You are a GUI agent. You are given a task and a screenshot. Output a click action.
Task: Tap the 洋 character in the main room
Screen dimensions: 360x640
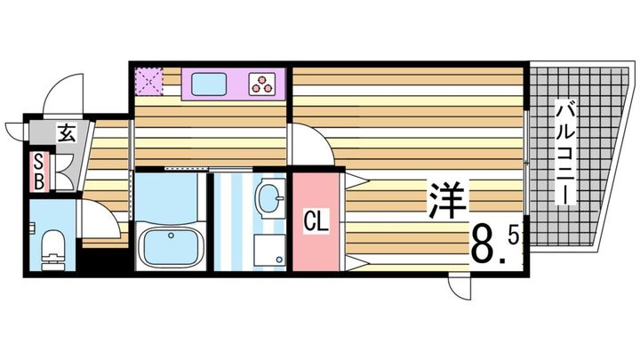447,201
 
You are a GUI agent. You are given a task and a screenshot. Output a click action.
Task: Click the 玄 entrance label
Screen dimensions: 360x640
67,135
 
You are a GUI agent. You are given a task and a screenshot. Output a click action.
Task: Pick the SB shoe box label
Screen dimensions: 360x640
39,172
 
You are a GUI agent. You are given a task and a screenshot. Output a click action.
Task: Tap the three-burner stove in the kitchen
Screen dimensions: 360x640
264,85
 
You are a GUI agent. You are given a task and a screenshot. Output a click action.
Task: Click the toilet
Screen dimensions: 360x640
52,245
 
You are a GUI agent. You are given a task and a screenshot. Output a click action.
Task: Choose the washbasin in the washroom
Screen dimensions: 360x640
267,196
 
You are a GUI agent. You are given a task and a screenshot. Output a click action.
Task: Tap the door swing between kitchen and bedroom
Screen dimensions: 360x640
312,147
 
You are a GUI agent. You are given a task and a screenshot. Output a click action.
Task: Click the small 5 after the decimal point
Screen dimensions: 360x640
513,236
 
